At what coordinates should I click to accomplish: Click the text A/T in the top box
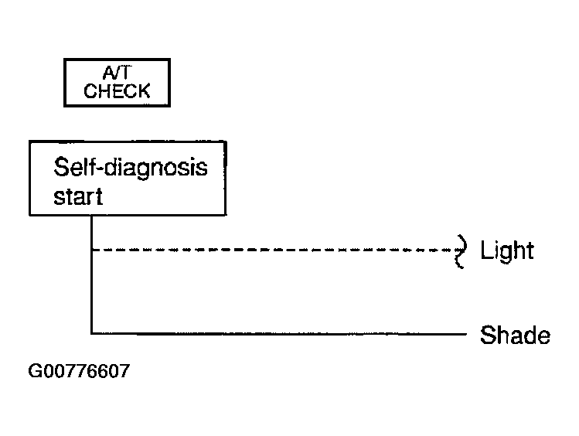[117, 73]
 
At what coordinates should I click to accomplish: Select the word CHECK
[117, 90]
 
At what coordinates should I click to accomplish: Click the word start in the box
[78, 196]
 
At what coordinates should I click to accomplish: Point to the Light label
[507, 250]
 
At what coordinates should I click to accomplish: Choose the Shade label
[515, 336]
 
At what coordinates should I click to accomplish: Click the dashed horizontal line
[273, 250]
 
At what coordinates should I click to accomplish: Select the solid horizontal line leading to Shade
[279, 334]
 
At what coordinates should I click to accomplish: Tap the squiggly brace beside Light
[461, 251]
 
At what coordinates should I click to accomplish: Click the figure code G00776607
[79, 370]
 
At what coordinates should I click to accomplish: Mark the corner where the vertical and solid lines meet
[91, 334]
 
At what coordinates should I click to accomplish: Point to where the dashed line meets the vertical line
[91, 250]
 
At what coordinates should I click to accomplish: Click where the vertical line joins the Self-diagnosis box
[91, 216]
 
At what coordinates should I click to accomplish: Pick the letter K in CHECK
[144, 90]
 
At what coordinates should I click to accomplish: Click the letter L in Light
[486, 250]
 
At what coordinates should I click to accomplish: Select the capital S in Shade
[488, 336]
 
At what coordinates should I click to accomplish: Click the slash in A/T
[117, 73]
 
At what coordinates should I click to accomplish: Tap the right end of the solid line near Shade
[467, 334]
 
